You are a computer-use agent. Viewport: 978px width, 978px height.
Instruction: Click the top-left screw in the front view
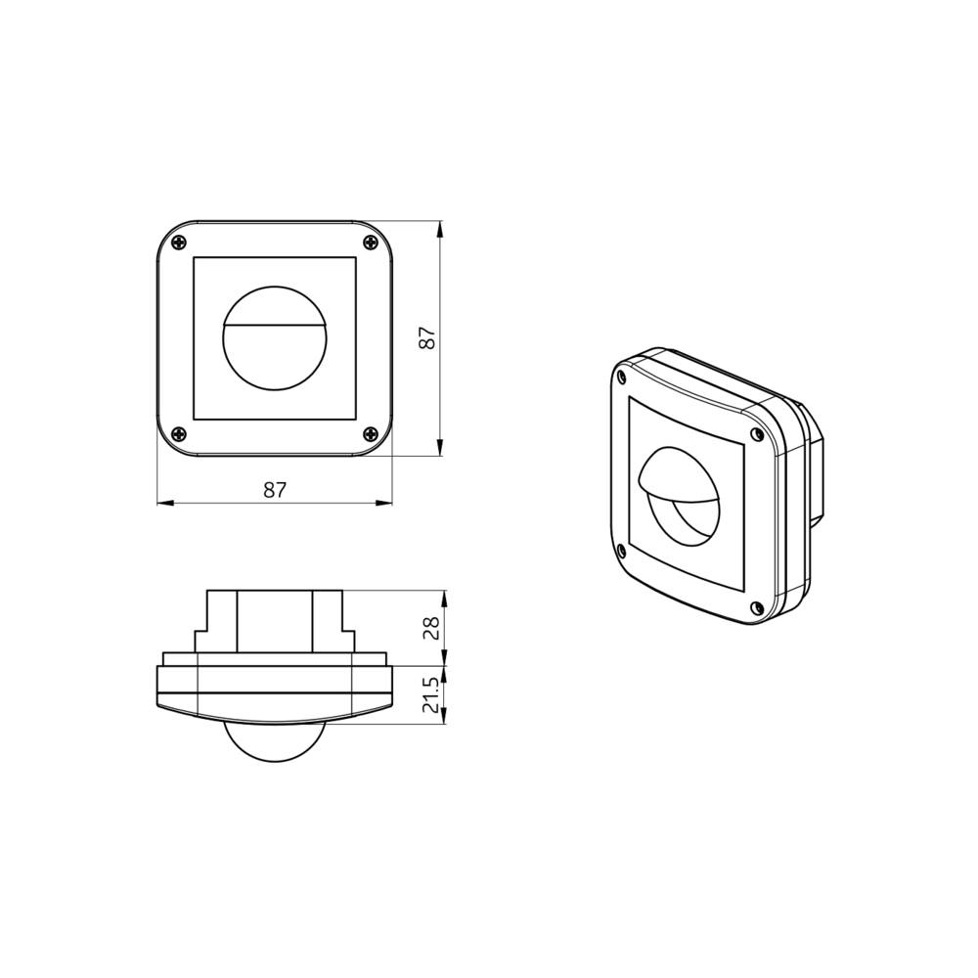click(x=177, y=244)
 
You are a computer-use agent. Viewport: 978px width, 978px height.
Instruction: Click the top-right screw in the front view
click(x=370, y=244)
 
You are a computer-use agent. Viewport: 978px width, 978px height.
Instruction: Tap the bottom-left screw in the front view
click(x=177, y=434)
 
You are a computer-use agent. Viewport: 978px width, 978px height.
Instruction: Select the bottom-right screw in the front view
click(x=370, y=434)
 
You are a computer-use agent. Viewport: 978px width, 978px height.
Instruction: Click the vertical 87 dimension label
click(x=427, y=338)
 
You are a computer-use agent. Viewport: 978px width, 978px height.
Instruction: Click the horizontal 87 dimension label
click(x=275, y=491)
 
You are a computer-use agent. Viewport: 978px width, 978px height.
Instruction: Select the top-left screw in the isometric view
click(x=621, y=374)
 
